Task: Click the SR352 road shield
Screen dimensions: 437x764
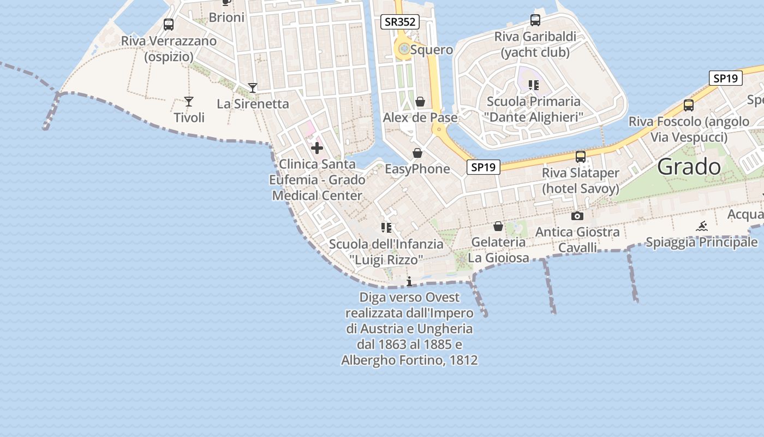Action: [x=400, y=22]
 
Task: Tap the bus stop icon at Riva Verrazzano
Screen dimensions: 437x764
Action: [x=169, y=25]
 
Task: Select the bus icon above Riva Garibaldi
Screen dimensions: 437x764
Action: [x=535, y=20]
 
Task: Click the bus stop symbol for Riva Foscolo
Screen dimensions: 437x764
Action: [x=689, y=105]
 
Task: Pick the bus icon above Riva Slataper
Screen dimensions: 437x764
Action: [x=581, y=157]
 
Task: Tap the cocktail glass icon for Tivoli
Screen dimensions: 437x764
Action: [x=189, y=102]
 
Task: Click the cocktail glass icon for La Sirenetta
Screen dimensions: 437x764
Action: [x=253, y=87]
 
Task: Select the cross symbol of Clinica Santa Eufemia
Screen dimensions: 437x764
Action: [x=317, y=148]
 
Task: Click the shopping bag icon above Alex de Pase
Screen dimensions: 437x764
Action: [x=420, y=102]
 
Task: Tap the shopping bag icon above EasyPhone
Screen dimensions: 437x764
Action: [x=417, y=153]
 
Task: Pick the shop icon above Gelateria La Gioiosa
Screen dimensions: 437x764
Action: [x=498, y=226]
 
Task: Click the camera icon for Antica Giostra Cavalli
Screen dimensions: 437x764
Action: [x=577, y=216]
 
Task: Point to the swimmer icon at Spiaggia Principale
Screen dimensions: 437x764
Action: [x=702, y=226]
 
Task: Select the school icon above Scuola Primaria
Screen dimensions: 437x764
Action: [x=534, y=85]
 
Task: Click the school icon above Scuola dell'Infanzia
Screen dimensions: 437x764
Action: [x=387, y=228]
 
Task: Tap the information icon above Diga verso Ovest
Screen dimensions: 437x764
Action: [x=409, y=281]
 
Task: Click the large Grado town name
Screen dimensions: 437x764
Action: [x=689, y=167]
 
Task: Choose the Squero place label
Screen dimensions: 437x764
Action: [x=432, y=50]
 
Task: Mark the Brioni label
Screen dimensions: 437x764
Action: [x=226, y=17]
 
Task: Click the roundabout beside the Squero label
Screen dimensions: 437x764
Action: [x=404, y=50]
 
